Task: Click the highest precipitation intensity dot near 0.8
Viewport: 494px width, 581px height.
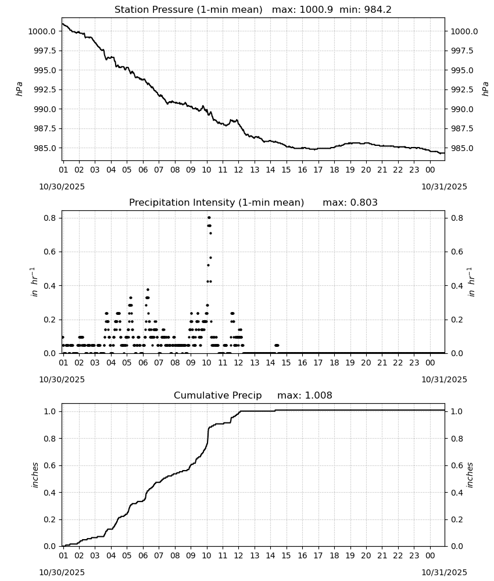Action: (x=209, y=217)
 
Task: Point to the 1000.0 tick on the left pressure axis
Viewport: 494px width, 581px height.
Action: (x=42, y=31)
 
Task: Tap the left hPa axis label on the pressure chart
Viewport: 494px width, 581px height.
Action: (x=19, y=89)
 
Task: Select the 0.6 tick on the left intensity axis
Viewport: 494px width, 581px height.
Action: (x=49, y=252)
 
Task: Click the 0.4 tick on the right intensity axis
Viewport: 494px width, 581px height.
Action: (x=457, y=286)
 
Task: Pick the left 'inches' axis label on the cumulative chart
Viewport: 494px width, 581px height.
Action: (x=35, y=475)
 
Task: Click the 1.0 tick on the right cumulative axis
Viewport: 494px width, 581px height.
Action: (x=457, y=411)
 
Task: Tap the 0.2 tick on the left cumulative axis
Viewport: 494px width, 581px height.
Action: (x=49, y=519)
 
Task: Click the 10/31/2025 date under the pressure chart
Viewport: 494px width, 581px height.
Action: (x=444, y=187)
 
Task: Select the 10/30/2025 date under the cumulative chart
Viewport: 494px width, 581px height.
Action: (x=62, y=572)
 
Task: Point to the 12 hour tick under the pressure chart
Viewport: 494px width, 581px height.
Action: (x=238, y=170)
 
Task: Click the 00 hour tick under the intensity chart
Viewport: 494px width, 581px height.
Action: (x=430, y=363)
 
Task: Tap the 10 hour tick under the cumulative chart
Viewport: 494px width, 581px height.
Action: (x=206, y=555)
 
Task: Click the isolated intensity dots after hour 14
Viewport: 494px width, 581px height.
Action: (x=277, y=345)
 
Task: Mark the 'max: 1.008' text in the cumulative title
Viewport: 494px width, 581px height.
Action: (x=305, y=395)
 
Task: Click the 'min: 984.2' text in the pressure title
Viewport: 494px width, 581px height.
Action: (x=366, y=10)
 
